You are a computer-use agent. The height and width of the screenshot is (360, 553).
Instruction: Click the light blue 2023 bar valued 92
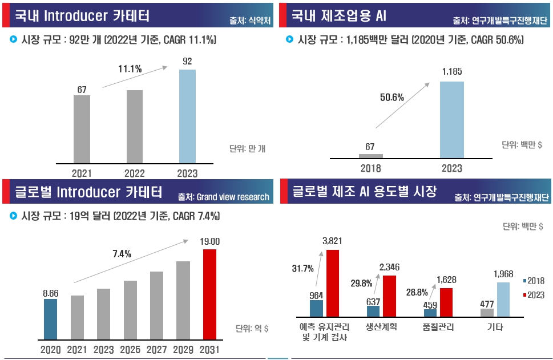tap(187, 116)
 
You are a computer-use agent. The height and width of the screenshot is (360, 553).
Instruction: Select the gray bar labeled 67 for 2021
tap(82, 129)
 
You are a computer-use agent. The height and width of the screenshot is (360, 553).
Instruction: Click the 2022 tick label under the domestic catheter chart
tap(135, 173)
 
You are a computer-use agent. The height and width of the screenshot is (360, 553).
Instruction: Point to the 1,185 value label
tap(452, 72)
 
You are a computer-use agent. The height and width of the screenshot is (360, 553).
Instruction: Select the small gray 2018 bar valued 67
tap(370, 156)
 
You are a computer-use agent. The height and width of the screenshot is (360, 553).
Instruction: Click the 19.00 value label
tap(210, 242)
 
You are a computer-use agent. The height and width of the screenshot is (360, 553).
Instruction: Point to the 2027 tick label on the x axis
tap(157, 349)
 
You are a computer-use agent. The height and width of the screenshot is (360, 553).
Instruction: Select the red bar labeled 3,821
tap(332, 283)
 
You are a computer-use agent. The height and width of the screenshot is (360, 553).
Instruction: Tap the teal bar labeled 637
tap(373, 311)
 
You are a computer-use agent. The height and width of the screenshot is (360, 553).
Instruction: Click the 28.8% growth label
tap(417, 292)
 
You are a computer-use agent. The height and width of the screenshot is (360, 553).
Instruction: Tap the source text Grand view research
tap(232, 197)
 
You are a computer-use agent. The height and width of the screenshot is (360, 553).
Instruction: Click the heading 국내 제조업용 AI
tap(339, 15)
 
